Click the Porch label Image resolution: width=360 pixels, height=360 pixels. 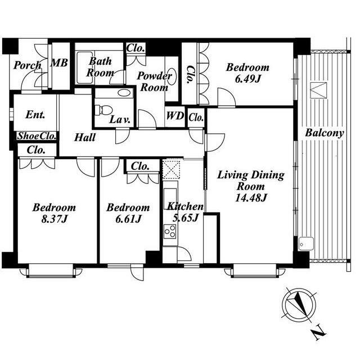click(28, 65)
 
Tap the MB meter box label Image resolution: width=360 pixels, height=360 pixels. click(59, 62)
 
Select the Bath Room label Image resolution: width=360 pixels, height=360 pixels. click(100, 67)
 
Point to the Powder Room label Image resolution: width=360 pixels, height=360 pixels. click(154, 82)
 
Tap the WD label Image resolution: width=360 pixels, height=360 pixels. click(175, 116)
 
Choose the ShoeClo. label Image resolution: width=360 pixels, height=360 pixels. click(37, 136)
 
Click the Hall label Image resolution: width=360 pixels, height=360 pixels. click(85, 137)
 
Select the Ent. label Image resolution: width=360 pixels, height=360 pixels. click(35, 114)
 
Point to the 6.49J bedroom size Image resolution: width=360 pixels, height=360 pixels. click(247, 79)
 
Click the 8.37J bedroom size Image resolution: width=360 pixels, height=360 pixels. click(54, 219)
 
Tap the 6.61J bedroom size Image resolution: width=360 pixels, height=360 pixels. click(128, 219)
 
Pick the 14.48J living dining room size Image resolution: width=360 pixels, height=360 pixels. click(251, 198)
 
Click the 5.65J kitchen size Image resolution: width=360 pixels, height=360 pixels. click(185, 218)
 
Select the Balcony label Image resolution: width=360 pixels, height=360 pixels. click(325, 133)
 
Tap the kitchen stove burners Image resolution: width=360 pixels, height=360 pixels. click(170, 232)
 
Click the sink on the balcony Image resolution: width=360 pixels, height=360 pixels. click(306, 244)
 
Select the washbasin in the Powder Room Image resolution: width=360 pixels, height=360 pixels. click(173, 74)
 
